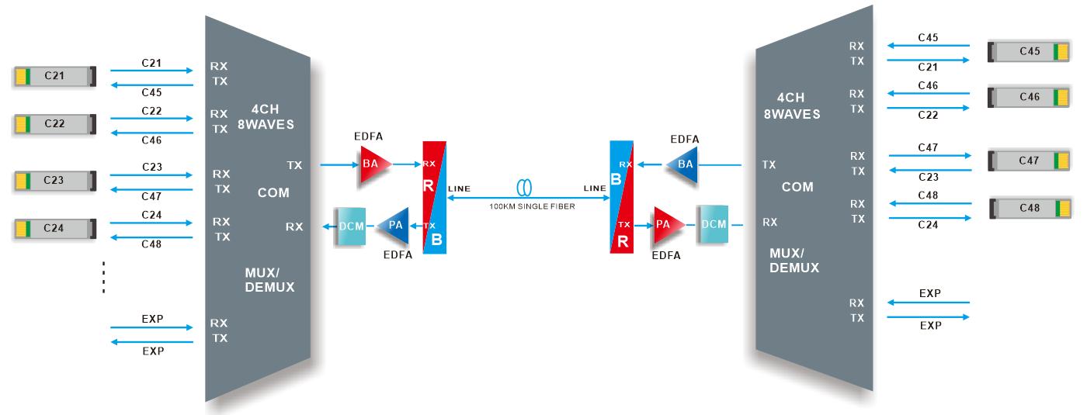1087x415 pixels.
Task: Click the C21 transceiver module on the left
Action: pyautogui.click(x=54, y=76)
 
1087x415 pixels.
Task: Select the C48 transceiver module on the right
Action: pyautogui.click(x=1030, y=209)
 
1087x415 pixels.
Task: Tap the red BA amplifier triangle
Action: pyautogui.click(x=372, y=164)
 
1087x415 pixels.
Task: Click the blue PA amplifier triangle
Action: pyautogui.click(x=396, y=226)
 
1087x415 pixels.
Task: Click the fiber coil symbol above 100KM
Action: pyautogui.click(x=524, y=188)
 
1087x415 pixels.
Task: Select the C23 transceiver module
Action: pyautogui.click(x=54, y=181)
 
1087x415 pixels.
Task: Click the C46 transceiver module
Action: pyautogui.click(x=1029, y=97)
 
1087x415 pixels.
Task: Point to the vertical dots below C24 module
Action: pyautogui.click(x=103, y=278)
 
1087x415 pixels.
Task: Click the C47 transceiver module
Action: pyautogui.click(x=1029, y=161)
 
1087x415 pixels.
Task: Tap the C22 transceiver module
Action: pyautogui.click(x=54, y=123)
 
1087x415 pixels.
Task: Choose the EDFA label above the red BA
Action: pyautogui.click(x=367, y=137)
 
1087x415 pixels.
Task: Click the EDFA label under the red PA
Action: pyautogui.click(x=667, y=254)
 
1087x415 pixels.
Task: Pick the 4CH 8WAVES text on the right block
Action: pyautogui.click(x=799, y=105)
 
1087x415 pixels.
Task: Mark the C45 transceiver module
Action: pyautogui.click(x=1029, y=51)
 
